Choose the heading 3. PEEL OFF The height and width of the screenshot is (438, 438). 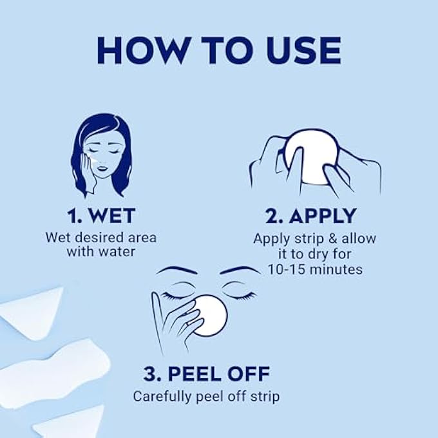(x=207, y=374)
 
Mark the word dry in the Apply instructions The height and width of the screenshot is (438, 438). (x=328, y=254)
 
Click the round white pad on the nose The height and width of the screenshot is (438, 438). (x=209, y=315)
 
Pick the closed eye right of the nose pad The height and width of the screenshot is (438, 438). (x=238, y=295)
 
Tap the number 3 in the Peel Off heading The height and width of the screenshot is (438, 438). (x=151, y=374)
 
